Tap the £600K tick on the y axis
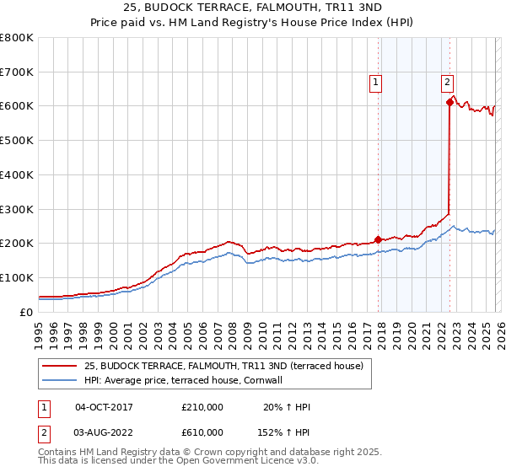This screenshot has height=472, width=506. click(17, 106)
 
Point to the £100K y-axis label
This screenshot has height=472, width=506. click(17, 277)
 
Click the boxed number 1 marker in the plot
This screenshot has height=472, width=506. click(375, 82)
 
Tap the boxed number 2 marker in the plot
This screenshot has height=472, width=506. click(447, 82)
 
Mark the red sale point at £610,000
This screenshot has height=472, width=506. click(449, 103)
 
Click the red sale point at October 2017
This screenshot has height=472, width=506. click(378, 239)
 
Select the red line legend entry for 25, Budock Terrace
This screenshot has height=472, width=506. click(223, 366)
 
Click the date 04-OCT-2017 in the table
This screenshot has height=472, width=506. click(104, 407)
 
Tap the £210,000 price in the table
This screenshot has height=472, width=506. click(202, 407)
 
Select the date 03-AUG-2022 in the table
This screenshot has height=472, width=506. click(104, 432)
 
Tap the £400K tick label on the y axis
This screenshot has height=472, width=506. click(17, 174)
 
